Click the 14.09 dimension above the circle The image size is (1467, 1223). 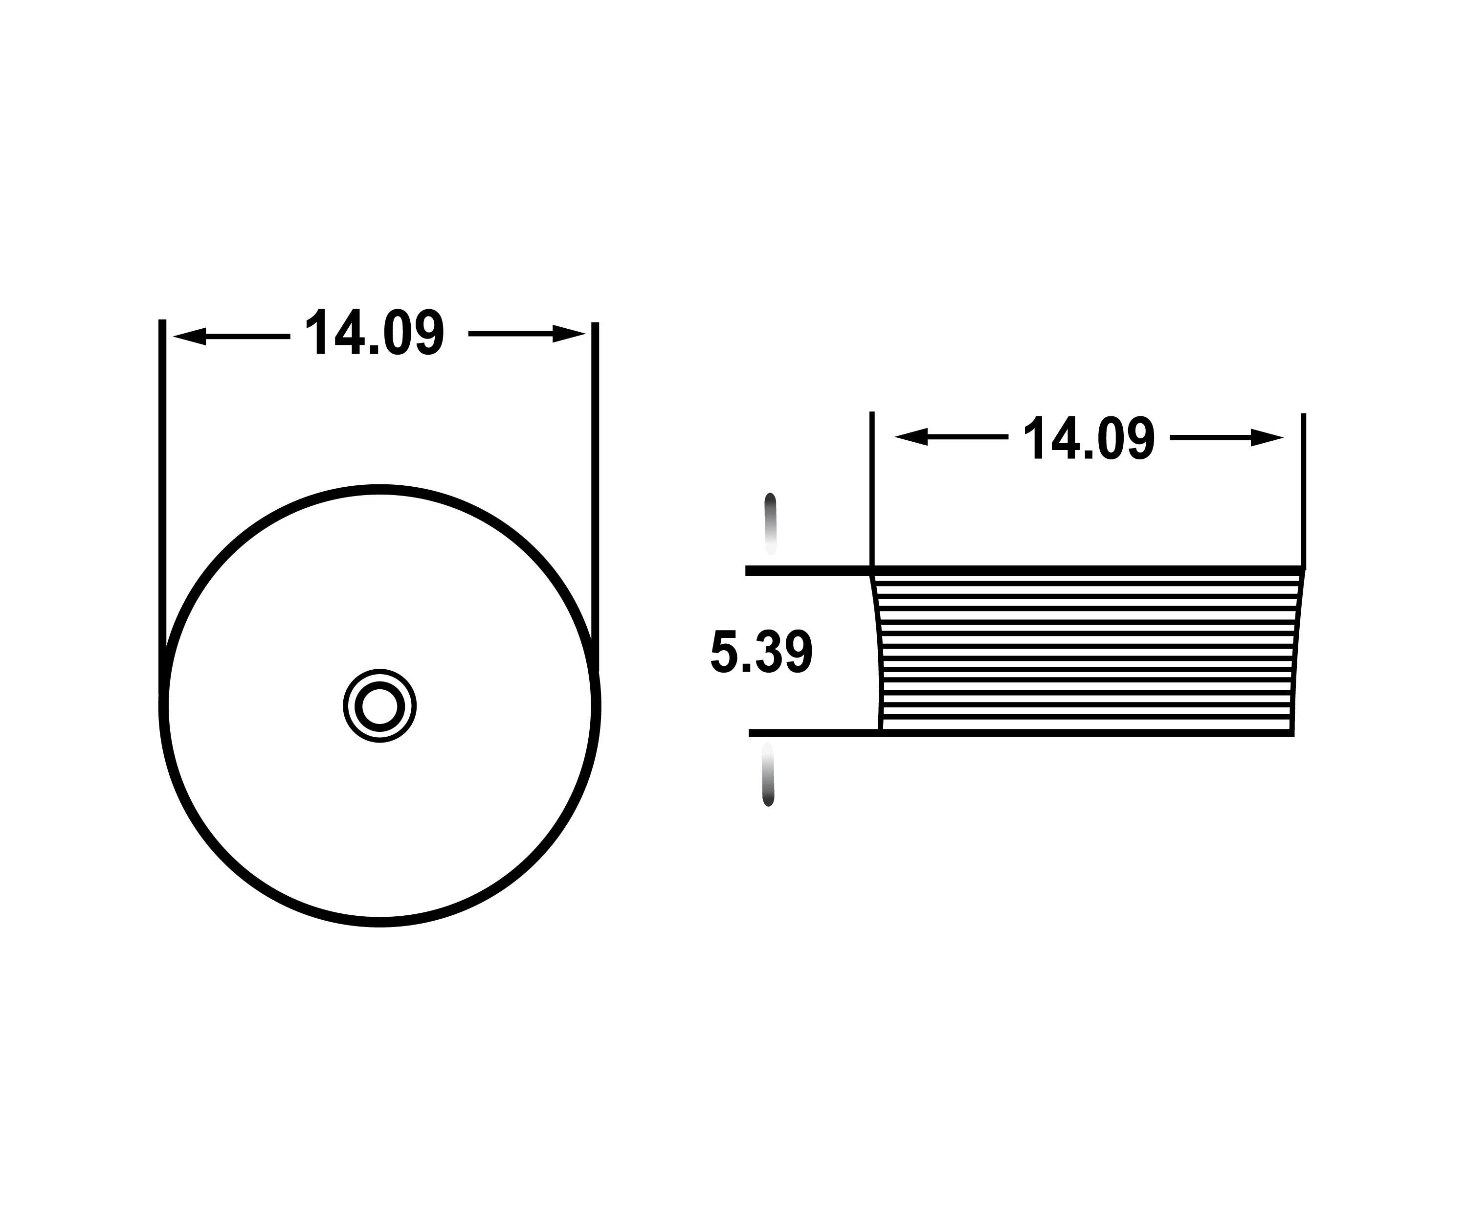(375, 333)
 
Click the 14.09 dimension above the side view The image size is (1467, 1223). (1089, 438)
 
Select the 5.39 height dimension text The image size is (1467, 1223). (761, 652)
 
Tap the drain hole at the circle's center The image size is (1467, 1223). (379, 706)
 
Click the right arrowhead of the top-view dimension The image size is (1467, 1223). (569, 333)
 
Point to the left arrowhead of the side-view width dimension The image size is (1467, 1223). (911, 437)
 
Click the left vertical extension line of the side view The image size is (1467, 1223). (872, 489)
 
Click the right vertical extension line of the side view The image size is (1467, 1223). (1304, 489)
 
